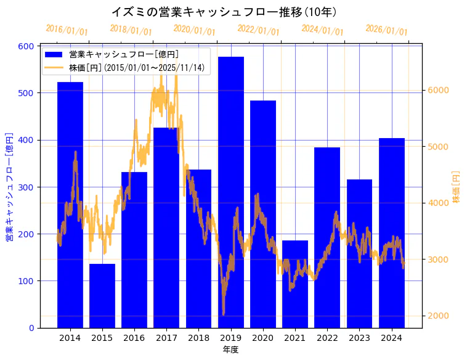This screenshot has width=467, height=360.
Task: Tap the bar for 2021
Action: point(295,284)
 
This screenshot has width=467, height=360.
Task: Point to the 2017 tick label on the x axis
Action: point(166,338)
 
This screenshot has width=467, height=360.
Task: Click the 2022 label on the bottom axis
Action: point(327,338)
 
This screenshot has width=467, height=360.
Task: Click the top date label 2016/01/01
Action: point(67,30)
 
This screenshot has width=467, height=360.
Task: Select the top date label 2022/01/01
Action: point(259,30)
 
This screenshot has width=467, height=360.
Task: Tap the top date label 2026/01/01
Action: point(387,30)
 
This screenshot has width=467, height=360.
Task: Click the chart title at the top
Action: point(224,12)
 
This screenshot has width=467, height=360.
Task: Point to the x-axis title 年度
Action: point(231,350)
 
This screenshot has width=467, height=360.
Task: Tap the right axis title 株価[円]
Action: point(457,186)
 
